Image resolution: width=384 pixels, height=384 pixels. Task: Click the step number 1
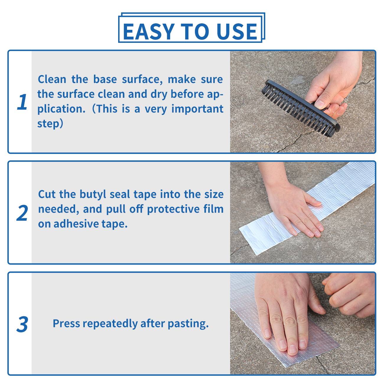22,102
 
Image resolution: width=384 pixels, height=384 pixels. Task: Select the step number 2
22,213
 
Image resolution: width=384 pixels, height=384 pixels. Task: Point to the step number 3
22,324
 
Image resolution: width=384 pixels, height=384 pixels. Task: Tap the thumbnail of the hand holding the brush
302,102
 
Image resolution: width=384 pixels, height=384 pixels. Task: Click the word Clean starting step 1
52,79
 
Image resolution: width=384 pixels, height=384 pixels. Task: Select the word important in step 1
197,109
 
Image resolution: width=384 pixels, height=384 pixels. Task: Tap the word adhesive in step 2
76,224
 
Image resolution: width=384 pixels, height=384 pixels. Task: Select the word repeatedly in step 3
110,324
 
